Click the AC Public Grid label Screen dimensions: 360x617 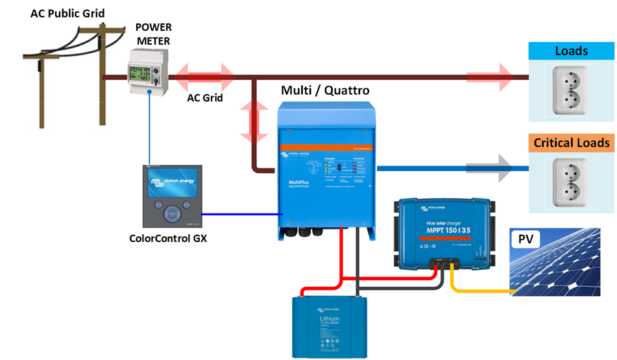67,13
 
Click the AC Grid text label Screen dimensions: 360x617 205,99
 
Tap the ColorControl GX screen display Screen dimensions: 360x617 172,184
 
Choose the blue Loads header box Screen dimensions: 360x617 571,51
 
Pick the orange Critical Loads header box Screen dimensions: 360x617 571,143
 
